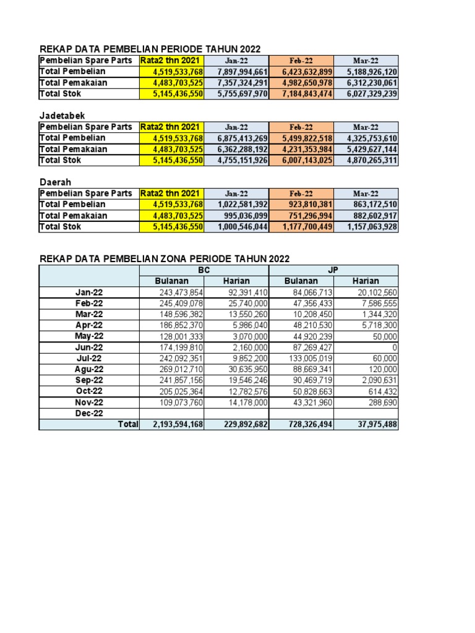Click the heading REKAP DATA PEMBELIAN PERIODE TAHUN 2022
click(150, 49)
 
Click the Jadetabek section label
click(62, 116)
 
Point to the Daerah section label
click(55, 182)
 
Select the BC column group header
click(204, 270)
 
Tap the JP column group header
click(333, 270)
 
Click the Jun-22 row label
click(89, 347)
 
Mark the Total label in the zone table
click(128, 424)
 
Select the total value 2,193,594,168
click(173, 424)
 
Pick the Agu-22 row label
click(89, 369)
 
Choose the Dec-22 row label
click(89, 413)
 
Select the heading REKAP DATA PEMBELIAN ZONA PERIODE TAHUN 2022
click(165, 258)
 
